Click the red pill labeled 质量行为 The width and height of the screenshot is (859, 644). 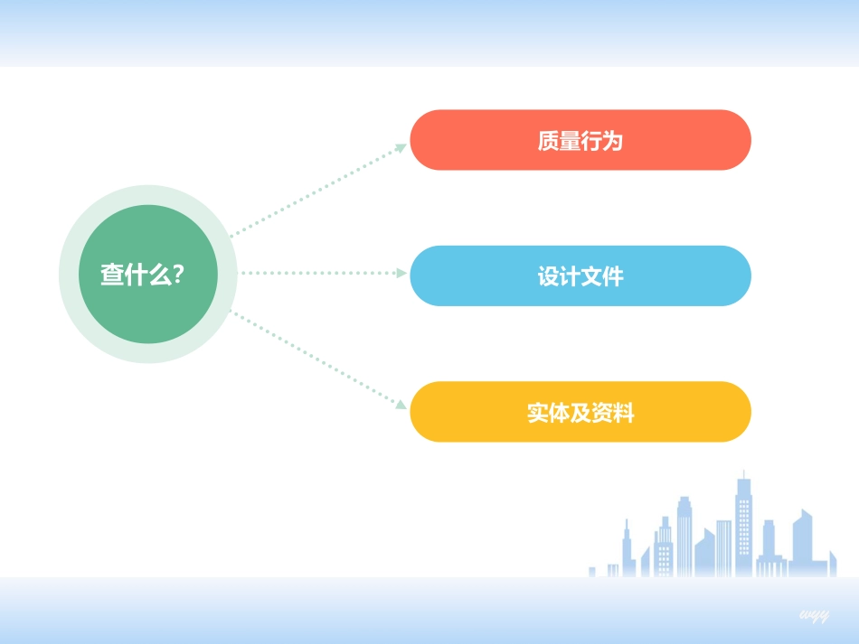(581, 140)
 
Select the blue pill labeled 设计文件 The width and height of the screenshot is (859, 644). (581, 275)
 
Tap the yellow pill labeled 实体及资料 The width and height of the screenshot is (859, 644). (581, 412)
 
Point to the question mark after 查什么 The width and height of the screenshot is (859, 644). (178, 275)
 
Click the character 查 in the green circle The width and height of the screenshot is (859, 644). (112, 275)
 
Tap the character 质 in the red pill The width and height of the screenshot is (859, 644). (548, 141)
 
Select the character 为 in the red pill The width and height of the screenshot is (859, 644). (613, 141)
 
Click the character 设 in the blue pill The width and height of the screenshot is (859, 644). (548, 276)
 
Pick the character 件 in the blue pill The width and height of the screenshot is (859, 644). (613, 276)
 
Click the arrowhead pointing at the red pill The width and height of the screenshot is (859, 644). (402, 146)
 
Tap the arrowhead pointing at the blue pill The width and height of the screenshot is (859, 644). (403, 272)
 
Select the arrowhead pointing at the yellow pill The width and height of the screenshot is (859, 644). (402, 406)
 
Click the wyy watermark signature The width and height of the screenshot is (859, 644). (814, 615)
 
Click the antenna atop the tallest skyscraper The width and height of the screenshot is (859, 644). (744, 473)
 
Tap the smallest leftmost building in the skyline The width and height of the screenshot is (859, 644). (592, 572)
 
